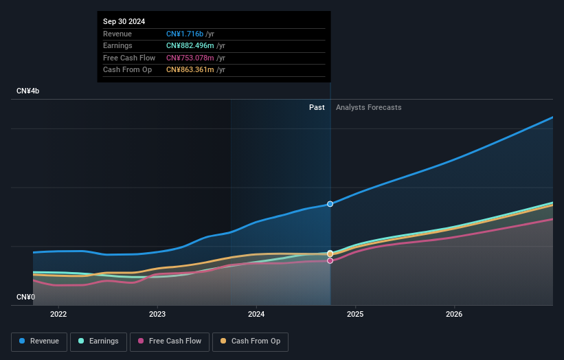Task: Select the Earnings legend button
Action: (x=98, y=341)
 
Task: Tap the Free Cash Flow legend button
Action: (x=169, y=341)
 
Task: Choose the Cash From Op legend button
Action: (x=251, y=341)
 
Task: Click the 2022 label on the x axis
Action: (x=58, y=315)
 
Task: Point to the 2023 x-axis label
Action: (x=157, y=315)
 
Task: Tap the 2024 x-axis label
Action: (x=256, y=315)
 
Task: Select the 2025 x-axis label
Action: (x=355, y=315)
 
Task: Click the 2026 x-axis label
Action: (x=454, y=315)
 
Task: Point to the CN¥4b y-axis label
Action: (x=28, y=91)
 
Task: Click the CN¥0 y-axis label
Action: (x=26, y=297)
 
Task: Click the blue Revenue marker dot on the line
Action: (x=330, y=204)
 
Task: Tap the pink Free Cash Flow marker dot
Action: (x=330, y=261)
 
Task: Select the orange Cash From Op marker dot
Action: (x=330, y=254)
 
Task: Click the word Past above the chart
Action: (x=317, y=107)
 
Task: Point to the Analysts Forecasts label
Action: (x=369, y=107)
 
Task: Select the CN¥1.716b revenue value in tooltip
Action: (x=185, y=34)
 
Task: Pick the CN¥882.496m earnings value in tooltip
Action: (x=194, y=46)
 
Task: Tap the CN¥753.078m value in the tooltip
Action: (x=194, y=58)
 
